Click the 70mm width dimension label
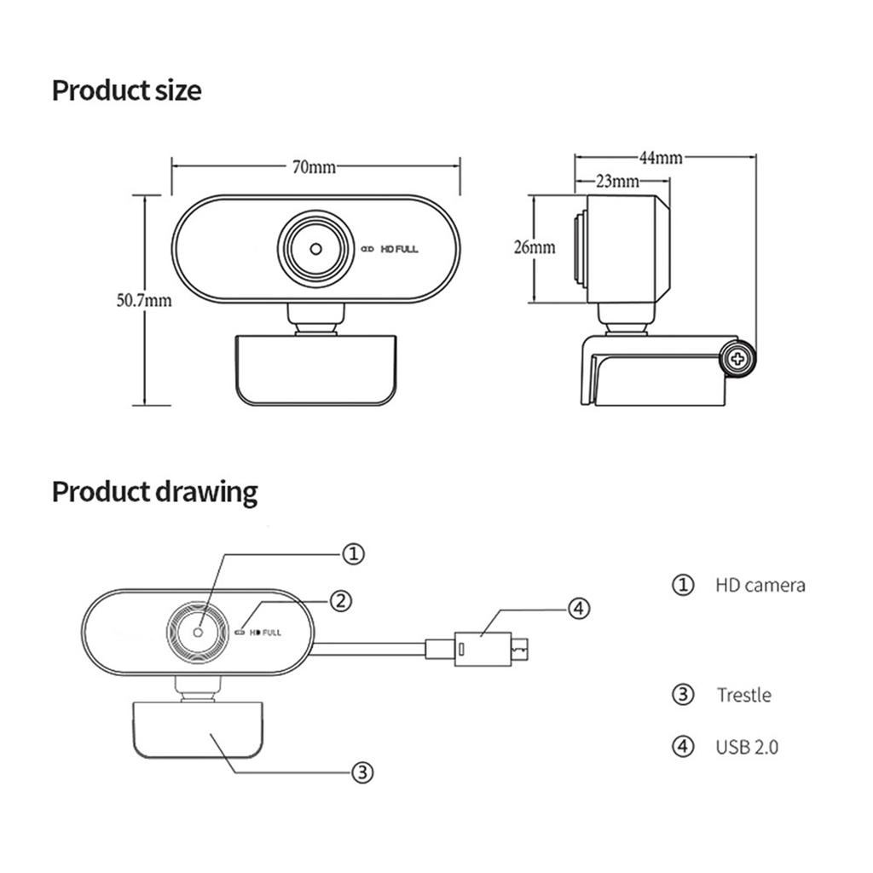click(x=315, y=167)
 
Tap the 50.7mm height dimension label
click(x=144, y=300)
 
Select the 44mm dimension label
click(x=660, y=157)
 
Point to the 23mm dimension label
click(x=617, y=181)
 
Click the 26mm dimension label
click(x=535, y=248)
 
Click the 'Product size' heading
click(x=127, y=90)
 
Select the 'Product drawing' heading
click(x=154, y=492)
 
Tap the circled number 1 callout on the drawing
click(x=353, y=554)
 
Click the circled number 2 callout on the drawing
click(x=340, y=600)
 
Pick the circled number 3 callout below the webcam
click(x=362, y=772)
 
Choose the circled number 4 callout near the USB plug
click(x=578, y=609)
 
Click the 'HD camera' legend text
click(x=760, y=585)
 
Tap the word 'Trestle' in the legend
click(x=743, y=695)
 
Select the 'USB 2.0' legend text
click(x=747, y=747)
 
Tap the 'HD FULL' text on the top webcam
click(x=399, y=249)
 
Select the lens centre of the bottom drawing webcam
click(x=198, y=632)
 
